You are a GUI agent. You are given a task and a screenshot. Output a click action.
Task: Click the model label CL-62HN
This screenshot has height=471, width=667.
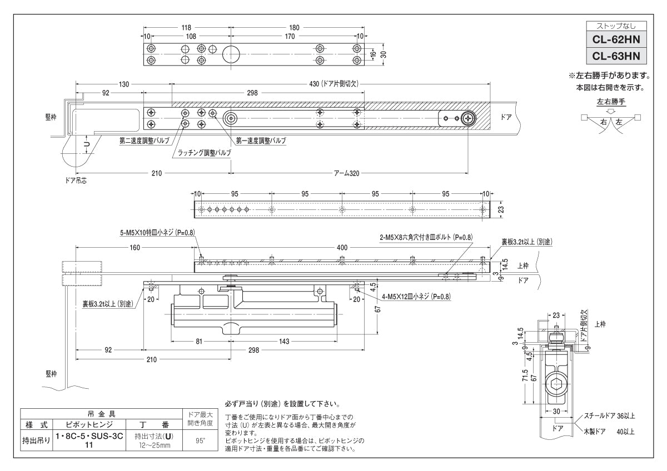(616, 39)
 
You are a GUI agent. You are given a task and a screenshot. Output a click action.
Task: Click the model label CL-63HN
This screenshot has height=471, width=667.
(616, 56)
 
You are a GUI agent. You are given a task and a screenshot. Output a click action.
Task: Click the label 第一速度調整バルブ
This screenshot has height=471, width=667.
(261, 141)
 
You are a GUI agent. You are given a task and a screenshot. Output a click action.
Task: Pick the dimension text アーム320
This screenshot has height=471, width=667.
(346, 173)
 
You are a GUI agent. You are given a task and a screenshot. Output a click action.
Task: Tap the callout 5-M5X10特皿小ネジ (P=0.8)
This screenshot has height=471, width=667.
(156, 233)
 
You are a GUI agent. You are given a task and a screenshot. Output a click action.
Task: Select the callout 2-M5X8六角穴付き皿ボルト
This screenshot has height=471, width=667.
(426, 237)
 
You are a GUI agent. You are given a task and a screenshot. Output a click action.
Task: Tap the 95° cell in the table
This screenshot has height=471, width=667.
(198, 440)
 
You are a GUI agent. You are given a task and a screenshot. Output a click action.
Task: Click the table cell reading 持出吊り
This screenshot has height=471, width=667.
(36, 440)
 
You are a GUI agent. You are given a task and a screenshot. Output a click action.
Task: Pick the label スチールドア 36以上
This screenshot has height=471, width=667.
(610, 415)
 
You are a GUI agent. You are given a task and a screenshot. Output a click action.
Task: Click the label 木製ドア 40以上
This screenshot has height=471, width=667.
(609, 430)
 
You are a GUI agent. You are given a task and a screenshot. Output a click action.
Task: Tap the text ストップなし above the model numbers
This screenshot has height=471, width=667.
(616, 26)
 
